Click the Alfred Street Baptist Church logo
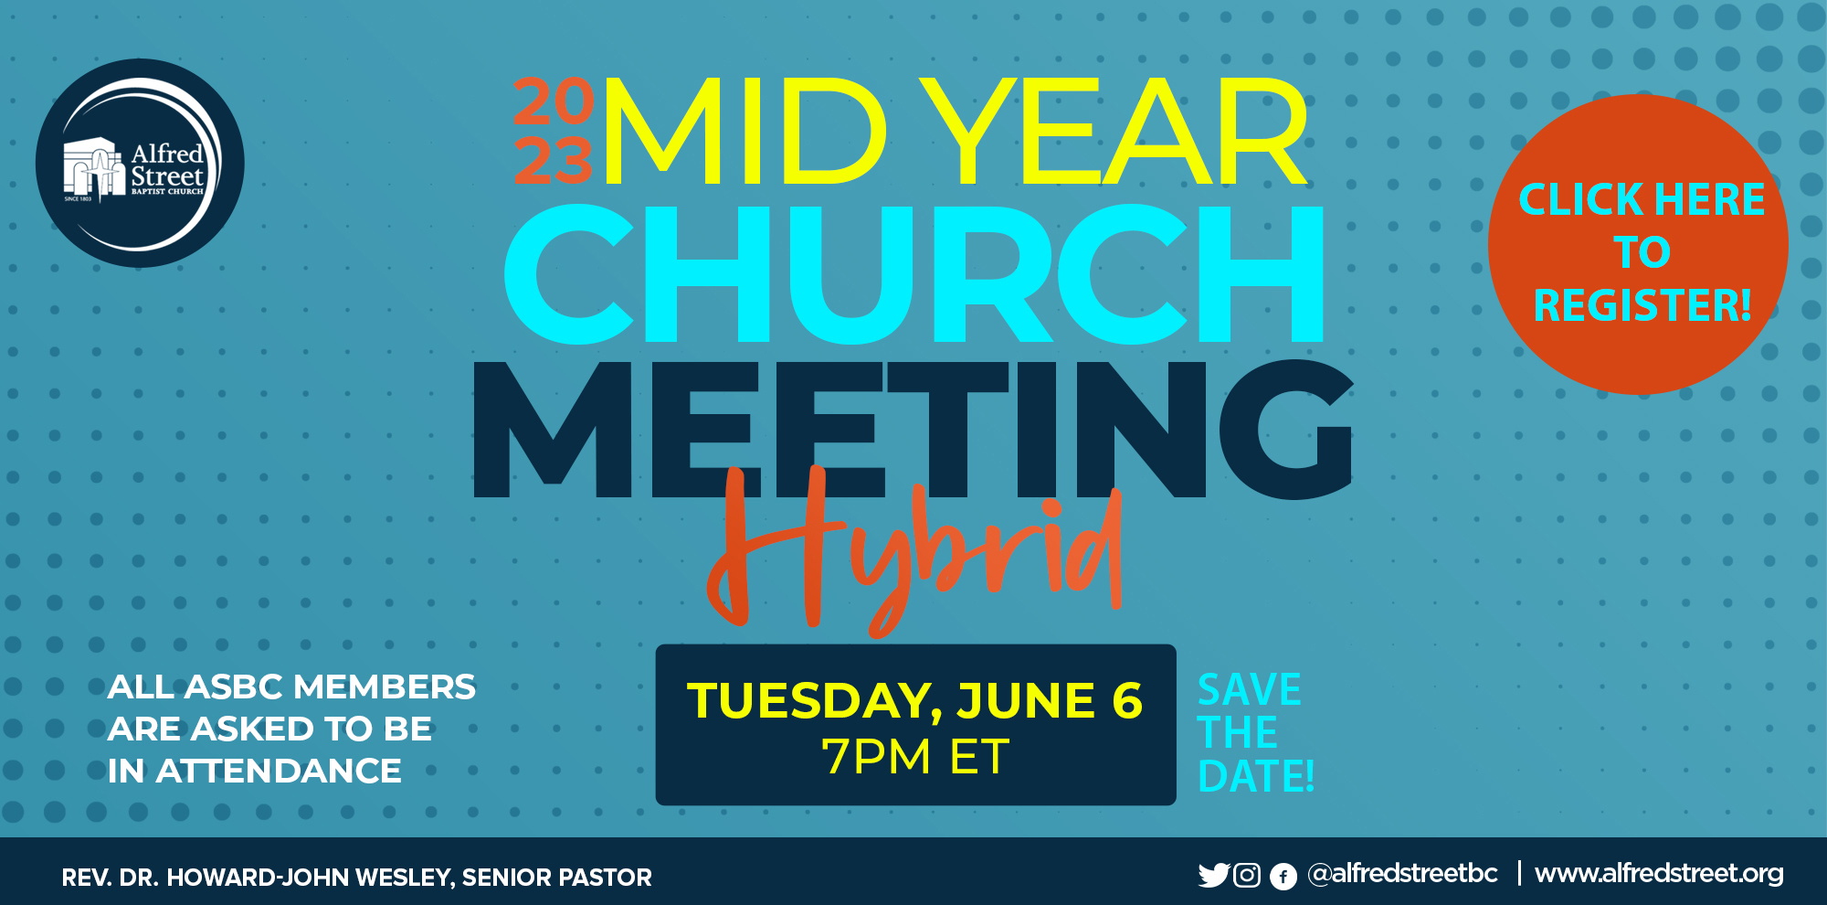pyautogui.click(x=140, y=164)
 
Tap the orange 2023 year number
pyautogui.click(x=554, y=131)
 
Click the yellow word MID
pyautogui.click(x=745, y=131)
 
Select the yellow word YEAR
pyautogui.click(x=1114, y=131)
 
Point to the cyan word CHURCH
pyautogui.click(x=913, y=273)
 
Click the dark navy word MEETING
pyautogui.click(x=912, y=429)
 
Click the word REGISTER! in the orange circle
pyautogui.click(x=1642, y=305)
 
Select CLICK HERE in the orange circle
pyautogui.click(x=1642, y=199)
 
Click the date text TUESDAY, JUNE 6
pyautogui.click(x=914, y=700)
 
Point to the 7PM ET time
pyautogui.click(x=915, y=757)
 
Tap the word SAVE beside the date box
pyautogui.click(x=1249, y=689)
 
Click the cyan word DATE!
pyautogui.click(x=1256, y=776)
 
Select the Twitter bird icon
pyautogui.click(x=1214, y=876)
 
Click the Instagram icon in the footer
pyautogui.click(x=1247, y=876)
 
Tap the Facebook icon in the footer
pyautogui.click(x=1283, y=877)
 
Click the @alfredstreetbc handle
pyautogui.click(x=1402, y=874)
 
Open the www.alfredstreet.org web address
pyautogui.click(x=1659, y=874)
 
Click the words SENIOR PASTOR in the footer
pyautogui.click(x=557, y=878)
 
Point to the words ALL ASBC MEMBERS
pyautogui.click(x=291, y=687)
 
